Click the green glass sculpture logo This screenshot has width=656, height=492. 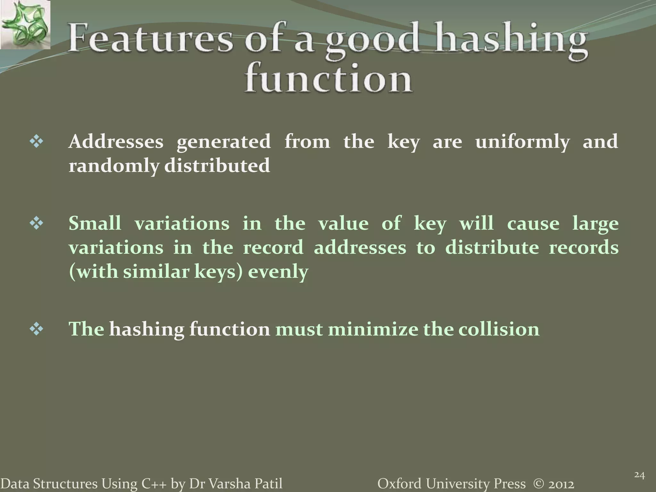(25, 25)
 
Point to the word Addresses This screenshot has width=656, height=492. (116, 142)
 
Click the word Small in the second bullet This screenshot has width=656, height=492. (95, 223)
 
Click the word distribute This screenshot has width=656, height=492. (492, 248)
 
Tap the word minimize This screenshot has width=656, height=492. (373, 329)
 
